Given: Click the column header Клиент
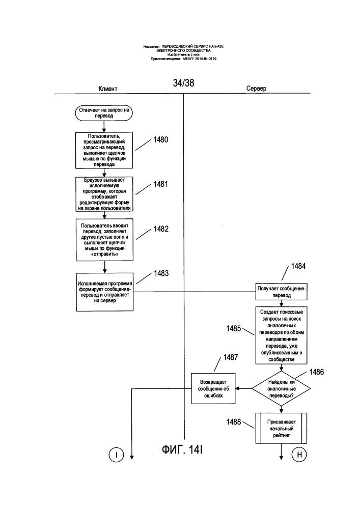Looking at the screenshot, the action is click(108, 89).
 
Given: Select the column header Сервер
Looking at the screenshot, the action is click(256, 88).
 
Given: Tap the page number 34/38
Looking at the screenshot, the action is click(183, 83).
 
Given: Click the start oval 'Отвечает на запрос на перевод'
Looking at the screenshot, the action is click(104, 113).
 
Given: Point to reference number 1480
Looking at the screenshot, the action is click(161, 139).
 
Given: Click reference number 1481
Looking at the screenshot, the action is click(161, 184).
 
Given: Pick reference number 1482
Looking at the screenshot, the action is click(161, 229).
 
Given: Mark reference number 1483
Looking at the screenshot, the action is click(161, 273).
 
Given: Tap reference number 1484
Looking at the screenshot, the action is click(298, 266).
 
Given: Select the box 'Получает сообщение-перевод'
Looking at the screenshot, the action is click(281, 292).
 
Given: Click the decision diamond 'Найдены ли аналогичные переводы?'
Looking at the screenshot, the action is click(281, 388).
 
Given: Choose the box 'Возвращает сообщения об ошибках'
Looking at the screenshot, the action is click(213, 388).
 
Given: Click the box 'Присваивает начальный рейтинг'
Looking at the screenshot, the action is click(281, 428).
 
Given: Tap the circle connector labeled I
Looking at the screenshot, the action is click(116, 455).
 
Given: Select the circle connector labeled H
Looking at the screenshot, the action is click(299, 455).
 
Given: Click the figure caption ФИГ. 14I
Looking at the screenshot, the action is click(182, 449).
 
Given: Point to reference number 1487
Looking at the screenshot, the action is click(231, 357).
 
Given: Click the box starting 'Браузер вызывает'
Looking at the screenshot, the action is click(104, 194).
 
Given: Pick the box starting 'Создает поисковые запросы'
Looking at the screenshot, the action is click(281, 335).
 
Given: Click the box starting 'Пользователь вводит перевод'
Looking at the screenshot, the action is click(104, 240).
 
